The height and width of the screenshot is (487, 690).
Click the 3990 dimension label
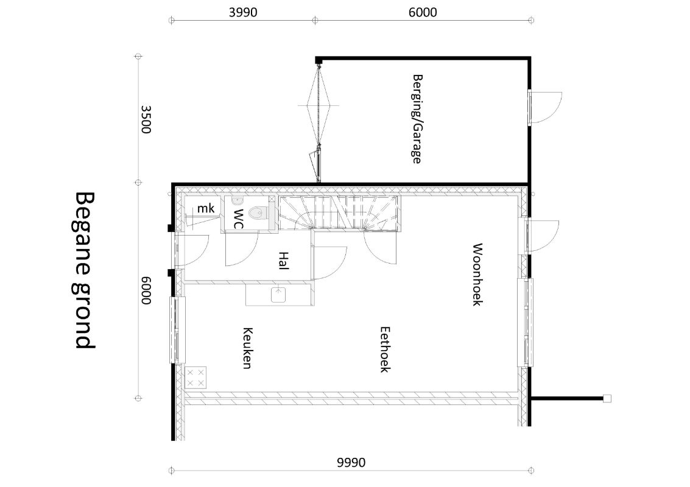[243, 12]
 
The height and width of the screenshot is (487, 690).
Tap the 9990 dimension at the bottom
[351, 463]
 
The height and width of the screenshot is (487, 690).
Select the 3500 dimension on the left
[146, 119]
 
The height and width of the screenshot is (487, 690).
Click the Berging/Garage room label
[417, 119]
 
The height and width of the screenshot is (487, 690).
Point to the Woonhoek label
[477, 275]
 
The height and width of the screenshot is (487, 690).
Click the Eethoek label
[385, 349]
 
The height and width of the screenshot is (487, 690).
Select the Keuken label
[247, 348]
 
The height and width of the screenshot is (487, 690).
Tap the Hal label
[283, 261]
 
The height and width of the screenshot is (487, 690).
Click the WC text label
[238, 219]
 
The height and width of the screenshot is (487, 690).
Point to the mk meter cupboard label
[205, 208]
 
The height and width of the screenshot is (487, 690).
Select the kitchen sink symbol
[278, 295]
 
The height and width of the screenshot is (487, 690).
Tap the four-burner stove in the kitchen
[195, 378]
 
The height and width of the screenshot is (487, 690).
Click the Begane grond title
[85, 270]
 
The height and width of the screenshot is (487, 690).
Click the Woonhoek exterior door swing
[544, 237]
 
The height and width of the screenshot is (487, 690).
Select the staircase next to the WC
[340, 212]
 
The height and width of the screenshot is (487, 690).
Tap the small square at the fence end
[607, 399]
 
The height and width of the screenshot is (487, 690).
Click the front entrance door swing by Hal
[192, 250]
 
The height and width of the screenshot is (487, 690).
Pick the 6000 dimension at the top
[423, 12]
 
